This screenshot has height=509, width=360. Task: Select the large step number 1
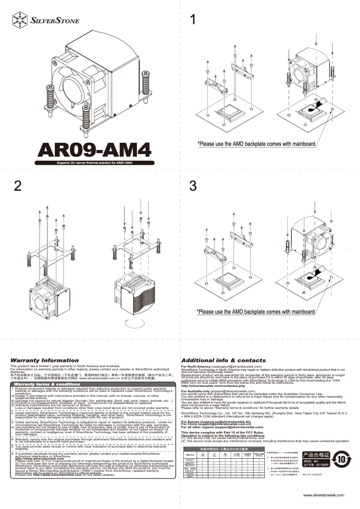(193, 20)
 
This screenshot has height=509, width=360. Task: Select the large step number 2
(18, 186)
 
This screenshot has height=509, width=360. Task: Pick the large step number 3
(193, 186)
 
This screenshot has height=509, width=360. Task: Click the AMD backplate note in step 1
(256, 144)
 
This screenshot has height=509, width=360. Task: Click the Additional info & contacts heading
(223, 360)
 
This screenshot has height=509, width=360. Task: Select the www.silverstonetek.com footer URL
(323, 495)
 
